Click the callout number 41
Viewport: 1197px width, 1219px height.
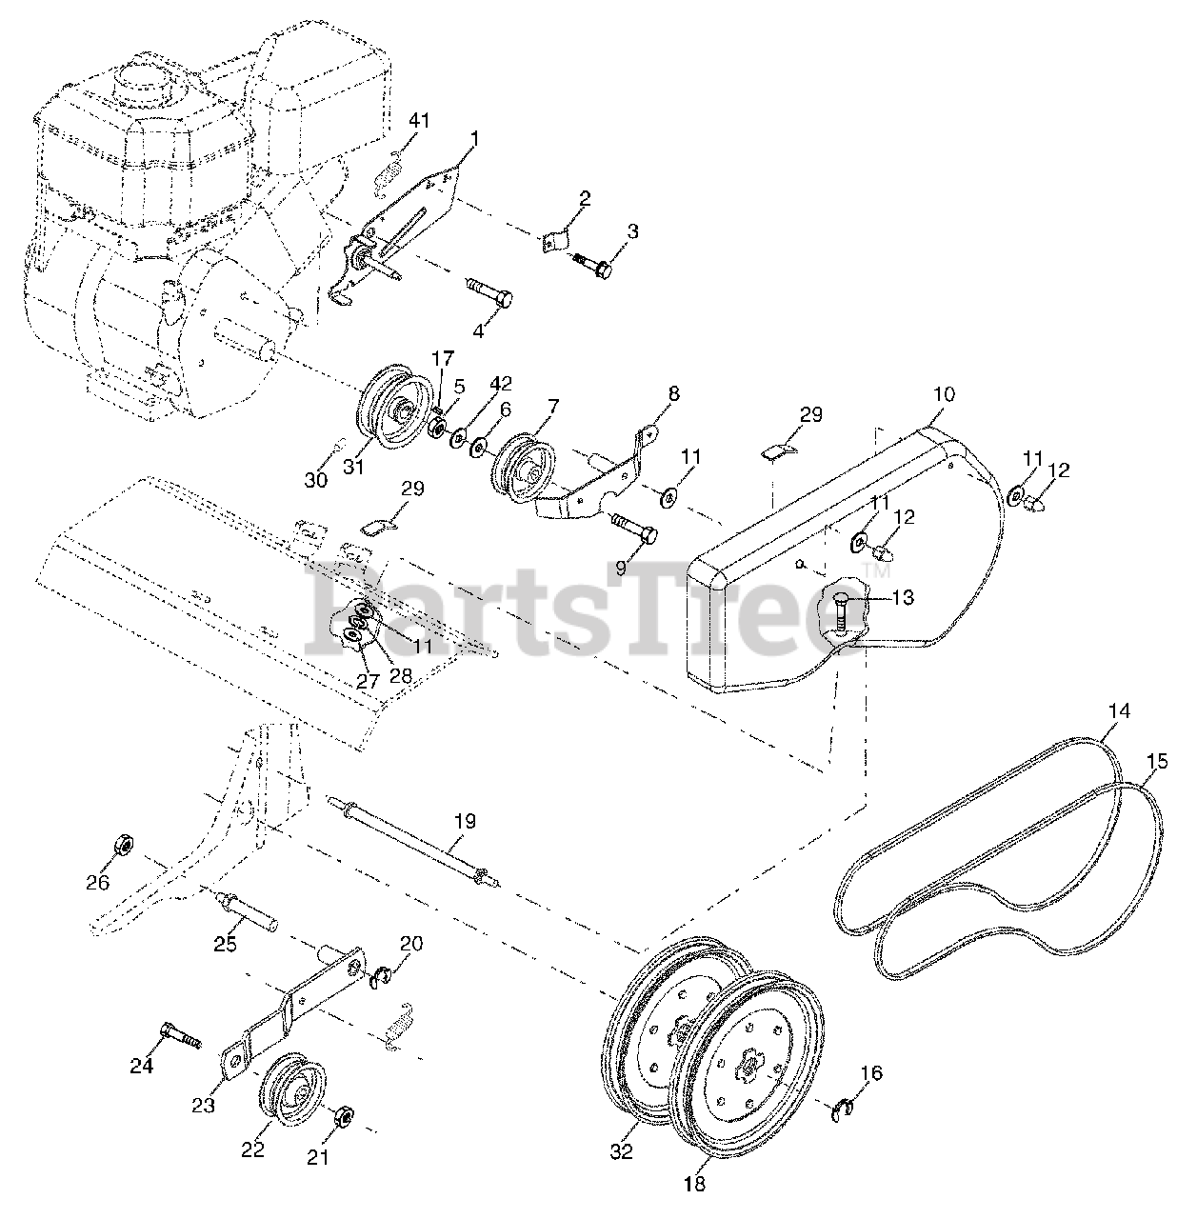click(x=420, y=121)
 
